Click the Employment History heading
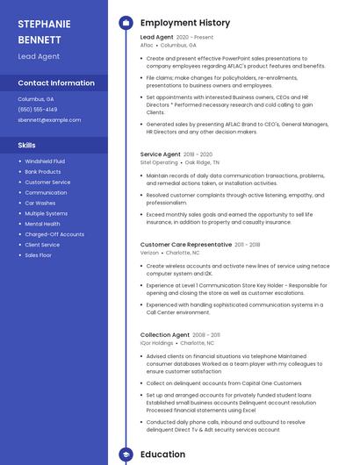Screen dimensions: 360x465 click(x=185, y=23)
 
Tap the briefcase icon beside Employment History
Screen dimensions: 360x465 click(x=126, y=23)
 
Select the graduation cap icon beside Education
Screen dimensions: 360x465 click(x=126, y=454)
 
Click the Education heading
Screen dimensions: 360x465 click(x=162, y=454)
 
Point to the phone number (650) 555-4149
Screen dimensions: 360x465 click(x=37, y=110)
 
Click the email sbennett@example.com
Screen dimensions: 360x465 click(x=49, y=120)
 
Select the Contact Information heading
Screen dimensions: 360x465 click(x=56, y=83)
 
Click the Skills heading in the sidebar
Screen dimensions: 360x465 click(x=26, y=145)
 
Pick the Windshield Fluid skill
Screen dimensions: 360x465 click(x=44, y=161)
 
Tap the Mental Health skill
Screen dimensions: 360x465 click(x=42, y=224)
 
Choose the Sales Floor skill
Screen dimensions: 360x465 click(x=38, y=255)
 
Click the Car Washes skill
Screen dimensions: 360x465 click(x=40, y=203)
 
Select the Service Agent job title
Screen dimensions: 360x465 click(x=160, y=154)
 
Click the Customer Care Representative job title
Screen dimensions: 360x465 click(x=186, y=245)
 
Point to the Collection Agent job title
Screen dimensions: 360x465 click(x=164, y=335)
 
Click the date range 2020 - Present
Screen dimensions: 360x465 click(x=195, y=38)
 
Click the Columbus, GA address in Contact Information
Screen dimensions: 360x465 click(x=36, y=99)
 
